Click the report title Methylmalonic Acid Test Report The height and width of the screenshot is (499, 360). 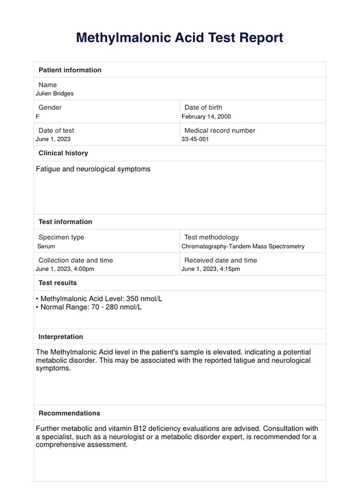pos(180,38)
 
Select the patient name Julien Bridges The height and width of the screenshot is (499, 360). pos(54,93)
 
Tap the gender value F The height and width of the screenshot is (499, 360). pos(38,116)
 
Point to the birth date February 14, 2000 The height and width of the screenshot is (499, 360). pos(206,116)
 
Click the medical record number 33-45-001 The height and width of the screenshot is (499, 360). pos(195,139)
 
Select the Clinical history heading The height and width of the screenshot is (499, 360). pos(63,153)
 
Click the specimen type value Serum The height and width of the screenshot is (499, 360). pos(46,246)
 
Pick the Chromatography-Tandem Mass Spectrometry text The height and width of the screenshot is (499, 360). pos(243,246)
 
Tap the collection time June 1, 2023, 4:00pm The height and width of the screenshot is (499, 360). pos(65,269)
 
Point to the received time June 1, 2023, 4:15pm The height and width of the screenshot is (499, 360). pos(211,269)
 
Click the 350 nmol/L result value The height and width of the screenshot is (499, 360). pos(144,299)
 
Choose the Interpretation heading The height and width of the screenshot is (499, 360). pos(61,337)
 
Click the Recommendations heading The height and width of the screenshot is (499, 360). pos(69,413)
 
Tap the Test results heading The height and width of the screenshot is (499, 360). pos(58,283)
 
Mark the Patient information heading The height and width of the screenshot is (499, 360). pos(70,70)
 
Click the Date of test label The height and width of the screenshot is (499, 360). pos(56,130)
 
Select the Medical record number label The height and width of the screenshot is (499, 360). pos(220,130)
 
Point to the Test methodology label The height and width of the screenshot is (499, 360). pos(212,237)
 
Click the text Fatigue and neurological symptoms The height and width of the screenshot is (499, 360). pos(93,169)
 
